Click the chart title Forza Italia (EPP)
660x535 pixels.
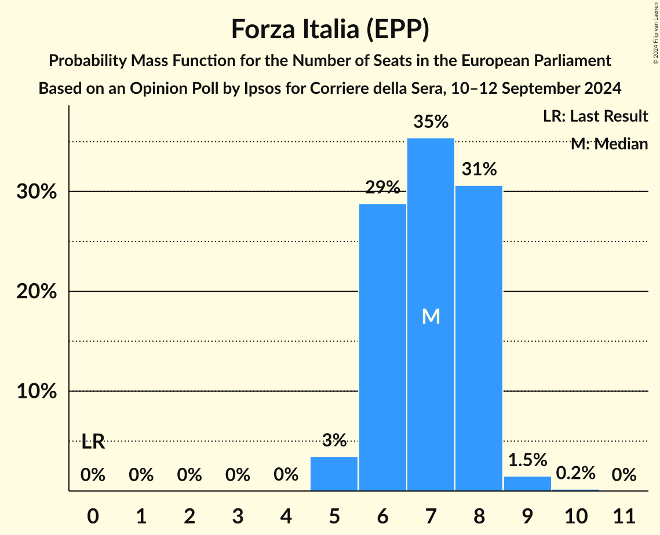(330, 29)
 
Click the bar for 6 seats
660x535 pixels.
(382, 347)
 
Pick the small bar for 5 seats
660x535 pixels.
(334, 474)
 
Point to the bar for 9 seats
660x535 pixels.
(527, 483)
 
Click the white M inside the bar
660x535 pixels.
(431, 316)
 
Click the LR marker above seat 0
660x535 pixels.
(93, 442)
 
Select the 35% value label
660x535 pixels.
(431, 122)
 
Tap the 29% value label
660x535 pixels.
(382, 188)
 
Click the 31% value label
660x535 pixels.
(479, 170)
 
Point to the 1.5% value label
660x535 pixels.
(527, 460)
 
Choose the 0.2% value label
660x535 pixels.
(575, 473)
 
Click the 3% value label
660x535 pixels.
(334, 441)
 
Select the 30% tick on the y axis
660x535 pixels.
(37, 192)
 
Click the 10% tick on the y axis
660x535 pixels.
(37, 391)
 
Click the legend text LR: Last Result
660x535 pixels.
(595, 116)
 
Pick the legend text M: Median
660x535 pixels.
(609, 144)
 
